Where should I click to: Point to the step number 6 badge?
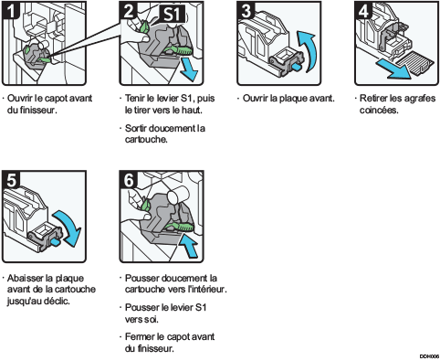[130, 178]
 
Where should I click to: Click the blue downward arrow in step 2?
[190, 71]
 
